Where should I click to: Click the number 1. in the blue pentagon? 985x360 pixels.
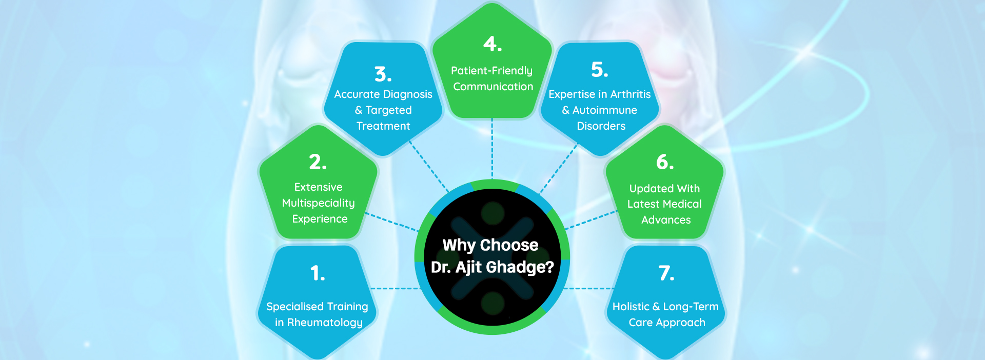[318, 273]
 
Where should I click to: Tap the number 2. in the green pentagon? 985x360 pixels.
[318, 162]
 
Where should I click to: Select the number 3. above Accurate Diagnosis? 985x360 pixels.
[383, 74]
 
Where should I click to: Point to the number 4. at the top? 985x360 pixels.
[493, 44]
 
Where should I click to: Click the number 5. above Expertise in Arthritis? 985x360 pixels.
[599, 69]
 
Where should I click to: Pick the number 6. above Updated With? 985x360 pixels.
[665, 162]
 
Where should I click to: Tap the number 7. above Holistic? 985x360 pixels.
[666, 273]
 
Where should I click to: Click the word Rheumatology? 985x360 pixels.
[325, 323]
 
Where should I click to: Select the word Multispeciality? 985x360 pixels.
[318, 204]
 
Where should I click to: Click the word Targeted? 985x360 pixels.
[388, 110]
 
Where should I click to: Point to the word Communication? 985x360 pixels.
[493, 87]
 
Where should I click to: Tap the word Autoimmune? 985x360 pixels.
[605, 110]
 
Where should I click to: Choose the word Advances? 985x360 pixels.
[666, 220]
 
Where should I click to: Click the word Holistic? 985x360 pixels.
[631, 307]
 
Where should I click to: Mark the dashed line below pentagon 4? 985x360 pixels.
[492, 149]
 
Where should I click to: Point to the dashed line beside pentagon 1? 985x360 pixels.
[396, 289]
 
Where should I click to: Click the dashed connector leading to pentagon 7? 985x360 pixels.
[589, 289]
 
